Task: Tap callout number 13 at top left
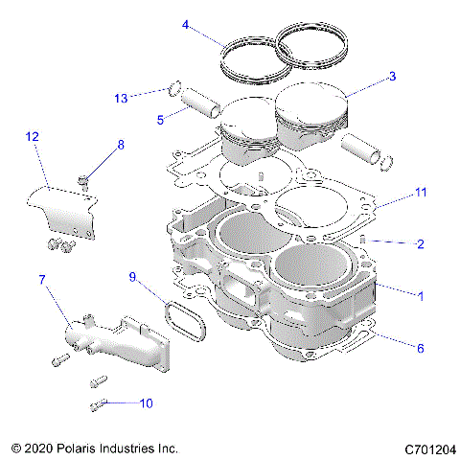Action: [121, 98]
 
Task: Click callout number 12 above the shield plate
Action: [32, 138]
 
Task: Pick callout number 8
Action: [121, 145]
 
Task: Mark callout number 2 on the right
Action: [420, 244]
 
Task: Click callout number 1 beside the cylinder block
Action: [420, 295]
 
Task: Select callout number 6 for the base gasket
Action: [419, 349]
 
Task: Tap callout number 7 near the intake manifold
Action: [41, 280]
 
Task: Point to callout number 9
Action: [133, 277]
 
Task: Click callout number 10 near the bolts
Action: [146, 403]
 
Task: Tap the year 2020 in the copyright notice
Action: [39, 448]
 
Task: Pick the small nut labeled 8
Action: [82, 179]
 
